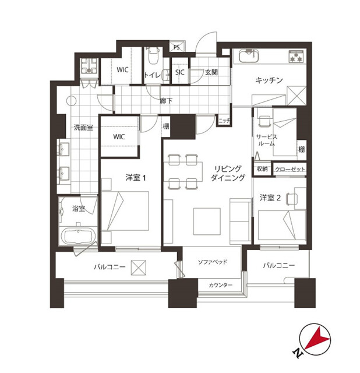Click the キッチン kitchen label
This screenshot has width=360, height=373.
click(269, 80)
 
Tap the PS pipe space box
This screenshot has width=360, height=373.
click(177, 47)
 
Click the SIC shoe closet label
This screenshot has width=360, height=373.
click(180, 72)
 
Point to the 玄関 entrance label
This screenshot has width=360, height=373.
click(211, 72)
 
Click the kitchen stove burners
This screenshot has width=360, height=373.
click(296, 57)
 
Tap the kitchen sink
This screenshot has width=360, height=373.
click(249, 57)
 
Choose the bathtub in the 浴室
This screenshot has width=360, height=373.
click(78, 236)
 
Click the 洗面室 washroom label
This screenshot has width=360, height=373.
click(83, 128)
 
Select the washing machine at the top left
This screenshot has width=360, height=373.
click(89, 66)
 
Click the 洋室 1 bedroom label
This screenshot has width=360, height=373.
click(136, 178)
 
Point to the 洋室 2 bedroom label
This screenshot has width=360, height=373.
click(270, 198)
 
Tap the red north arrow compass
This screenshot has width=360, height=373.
click(315, 339)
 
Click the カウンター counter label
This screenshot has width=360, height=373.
click(220, 285)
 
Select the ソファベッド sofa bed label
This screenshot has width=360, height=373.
click(213, 262)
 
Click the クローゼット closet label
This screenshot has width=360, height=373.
click(290, 169)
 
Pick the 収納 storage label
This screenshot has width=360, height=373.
click(262, 169)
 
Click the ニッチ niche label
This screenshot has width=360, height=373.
click(224, 121)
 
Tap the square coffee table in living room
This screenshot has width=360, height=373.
click(207, 221)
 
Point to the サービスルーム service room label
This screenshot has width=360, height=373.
click(267, 140)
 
